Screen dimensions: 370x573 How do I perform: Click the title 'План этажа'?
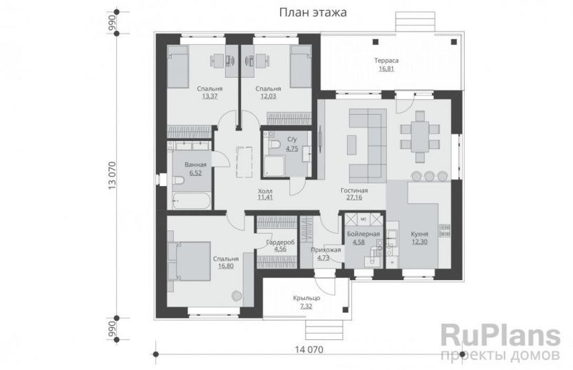coord(307,12)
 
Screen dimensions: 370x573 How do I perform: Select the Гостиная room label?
coord(353,190)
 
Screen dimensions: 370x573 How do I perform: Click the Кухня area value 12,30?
coord(420,242)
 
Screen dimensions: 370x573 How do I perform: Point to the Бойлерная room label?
coord(363,234)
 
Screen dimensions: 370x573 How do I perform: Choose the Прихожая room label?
coord(326,250)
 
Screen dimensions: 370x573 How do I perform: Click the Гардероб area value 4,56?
coord(276,250)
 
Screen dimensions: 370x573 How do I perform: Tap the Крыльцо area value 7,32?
coord(306,306)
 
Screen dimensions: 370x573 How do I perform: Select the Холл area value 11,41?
coord(264,197)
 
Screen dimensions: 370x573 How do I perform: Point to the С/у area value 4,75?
coord(292,149)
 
